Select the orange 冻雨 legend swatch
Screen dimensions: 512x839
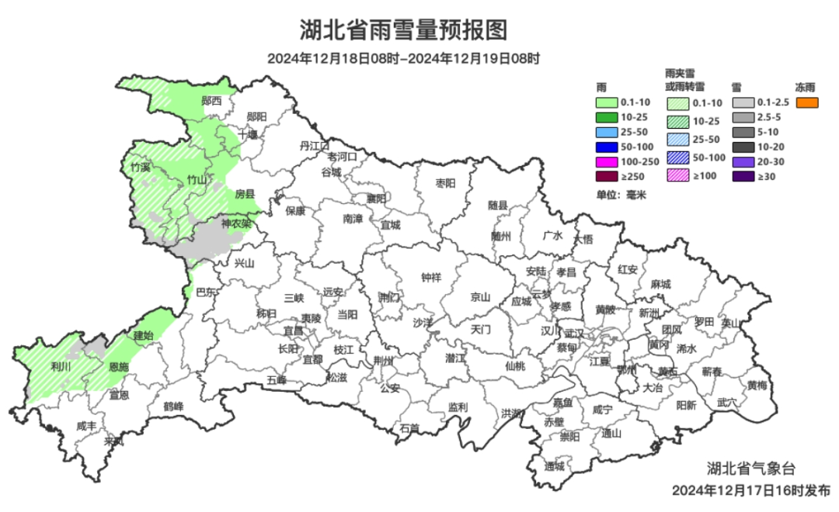click(808, 102)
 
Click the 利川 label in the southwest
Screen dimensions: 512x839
click(61, 366)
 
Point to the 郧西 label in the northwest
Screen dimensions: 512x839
click(211, 101)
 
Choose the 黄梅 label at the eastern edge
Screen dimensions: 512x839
click(757, 385)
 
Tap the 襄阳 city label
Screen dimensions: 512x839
click(377, 199)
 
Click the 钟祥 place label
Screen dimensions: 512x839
click(431, 277)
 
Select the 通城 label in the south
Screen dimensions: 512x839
click(554, 466)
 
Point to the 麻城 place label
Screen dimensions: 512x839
click(660, 284)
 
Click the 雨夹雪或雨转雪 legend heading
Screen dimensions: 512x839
click(685, 78)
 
